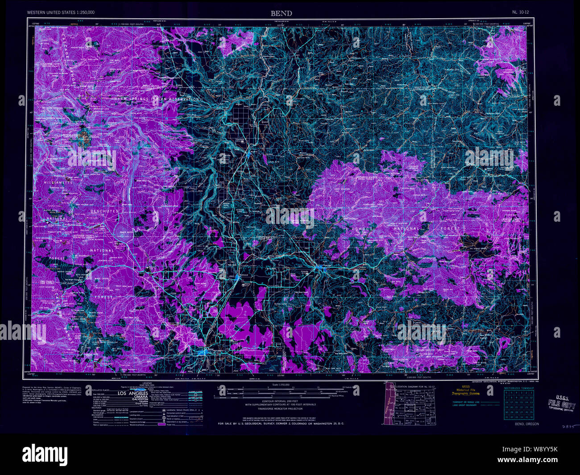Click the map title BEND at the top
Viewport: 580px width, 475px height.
(x=281, y=13)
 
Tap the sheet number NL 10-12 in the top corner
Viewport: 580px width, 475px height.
(x=521, y=12)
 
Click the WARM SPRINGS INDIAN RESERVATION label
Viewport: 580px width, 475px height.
(x=156, y=99)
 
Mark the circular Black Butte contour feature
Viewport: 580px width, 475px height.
(x=123, y=232)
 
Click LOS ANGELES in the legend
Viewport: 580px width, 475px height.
(x=133, y=393)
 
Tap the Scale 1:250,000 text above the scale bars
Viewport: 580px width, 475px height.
(x=280, y=384)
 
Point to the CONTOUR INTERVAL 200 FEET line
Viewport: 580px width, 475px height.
(x=280, y=401)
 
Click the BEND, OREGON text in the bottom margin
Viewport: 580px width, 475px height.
(x=526, y=424)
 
